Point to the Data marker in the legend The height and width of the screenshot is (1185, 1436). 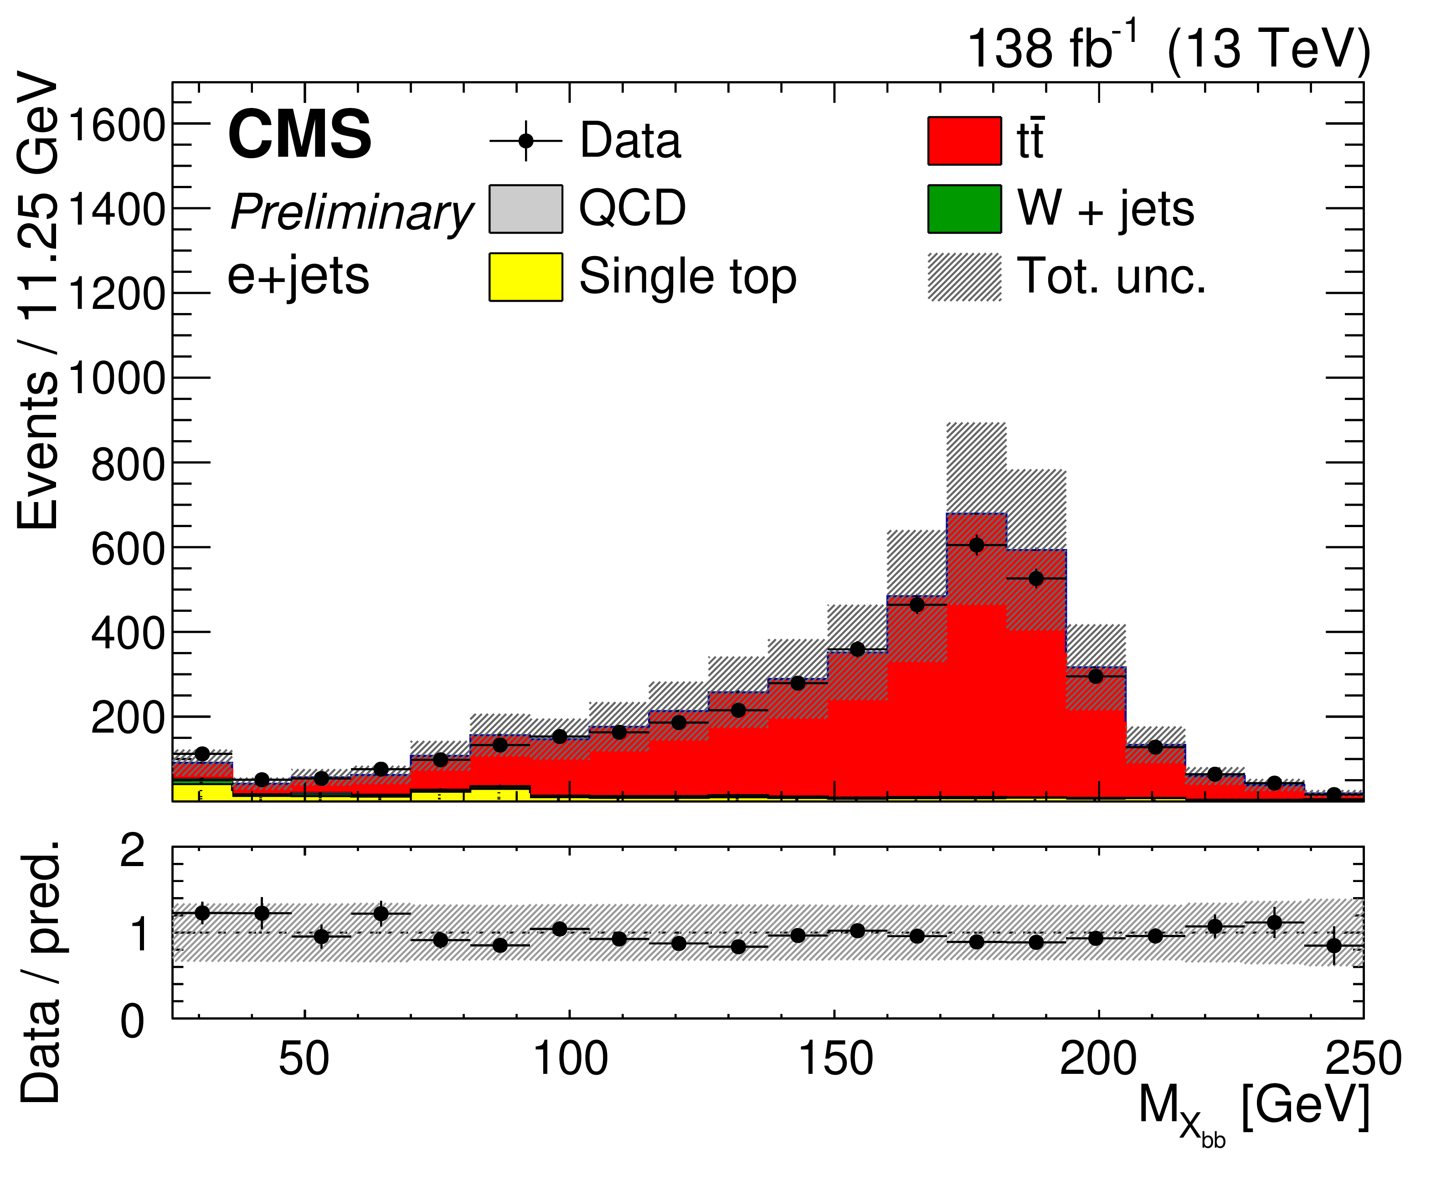tap(525, 141)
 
